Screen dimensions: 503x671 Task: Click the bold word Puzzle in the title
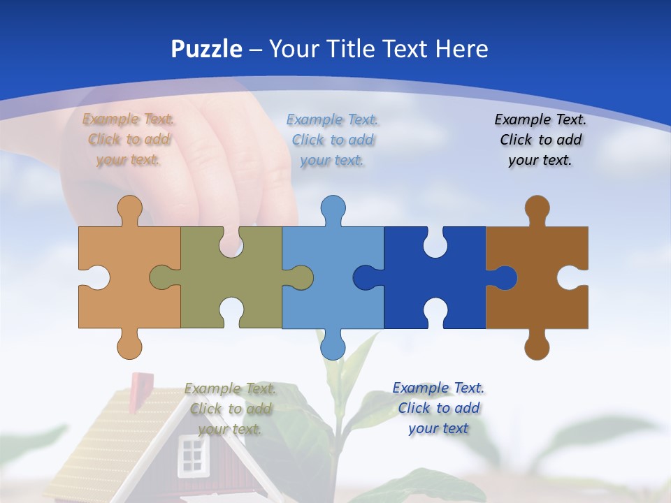pos(206,49)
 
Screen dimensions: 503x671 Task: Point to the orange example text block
pos(129,139)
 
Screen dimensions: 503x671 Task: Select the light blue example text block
pos(333,140)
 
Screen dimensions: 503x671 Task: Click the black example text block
pos(540,140)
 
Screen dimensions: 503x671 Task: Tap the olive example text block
pos(231,409)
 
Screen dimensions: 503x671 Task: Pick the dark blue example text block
pos(438,408)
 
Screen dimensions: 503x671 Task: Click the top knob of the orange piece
pos(129,208)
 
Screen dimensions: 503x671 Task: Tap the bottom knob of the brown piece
pos(537,347)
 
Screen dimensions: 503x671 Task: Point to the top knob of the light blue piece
pos(333,208)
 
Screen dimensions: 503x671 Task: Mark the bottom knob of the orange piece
pos(129,347)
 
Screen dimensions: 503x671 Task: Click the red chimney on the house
pos(141,384)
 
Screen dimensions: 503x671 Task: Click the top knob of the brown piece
pos(537,208)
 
